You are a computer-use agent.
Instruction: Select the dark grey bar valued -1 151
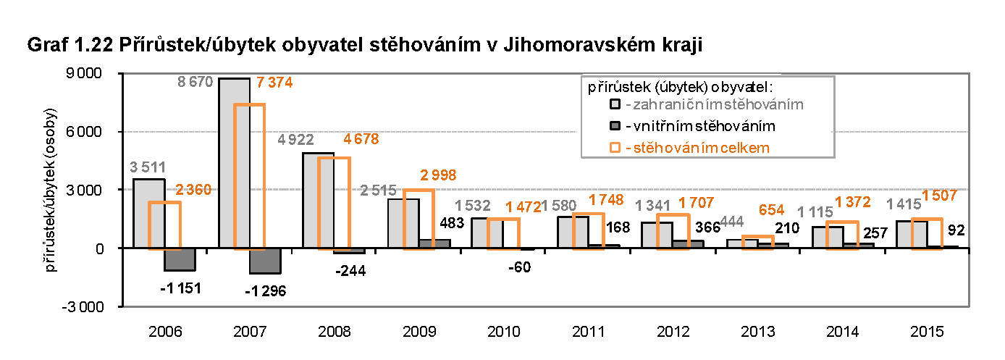pos(180,259)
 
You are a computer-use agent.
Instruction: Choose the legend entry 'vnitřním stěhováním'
pos(700,126)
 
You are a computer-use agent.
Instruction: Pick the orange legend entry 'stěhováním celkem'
pos(696,148)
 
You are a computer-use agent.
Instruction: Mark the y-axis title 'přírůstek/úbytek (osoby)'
pos(52,190)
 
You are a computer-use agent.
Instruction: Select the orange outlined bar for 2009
pos(419,219)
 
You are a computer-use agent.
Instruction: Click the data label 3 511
pos(148,167)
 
